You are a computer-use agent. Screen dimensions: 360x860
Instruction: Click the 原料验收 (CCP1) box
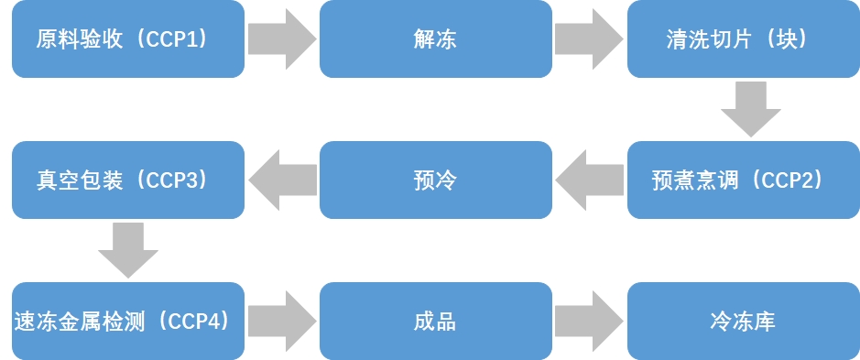tap(128, 39)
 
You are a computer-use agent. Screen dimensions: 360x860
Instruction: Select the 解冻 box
tap(435, 39)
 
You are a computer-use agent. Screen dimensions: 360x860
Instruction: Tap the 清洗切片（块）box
tap(743, 39)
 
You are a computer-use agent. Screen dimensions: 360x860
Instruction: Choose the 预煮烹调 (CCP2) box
tap(743, 180)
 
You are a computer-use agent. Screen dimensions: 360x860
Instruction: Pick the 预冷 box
tap(435, 180)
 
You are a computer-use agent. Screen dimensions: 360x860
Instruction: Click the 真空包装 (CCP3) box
tap(128, 180)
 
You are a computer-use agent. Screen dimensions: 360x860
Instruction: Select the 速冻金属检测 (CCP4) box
tap(128, 321)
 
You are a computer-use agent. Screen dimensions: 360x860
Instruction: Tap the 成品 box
tap(435, 321)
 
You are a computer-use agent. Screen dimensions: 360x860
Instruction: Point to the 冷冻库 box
tap(743, 321)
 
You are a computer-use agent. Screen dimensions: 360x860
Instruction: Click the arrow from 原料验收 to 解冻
tap(282, 39)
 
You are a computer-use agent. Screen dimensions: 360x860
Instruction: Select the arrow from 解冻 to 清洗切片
tap(589, 39)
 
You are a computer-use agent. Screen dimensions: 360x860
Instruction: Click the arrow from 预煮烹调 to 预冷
tap(589, 180)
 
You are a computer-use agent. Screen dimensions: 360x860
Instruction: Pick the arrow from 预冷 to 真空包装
tap(282, 180)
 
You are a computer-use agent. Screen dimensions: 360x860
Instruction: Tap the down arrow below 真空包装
tap(128, 249)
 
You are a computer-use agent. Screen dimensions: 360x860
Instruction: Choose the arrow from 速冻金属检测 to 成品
tap(282, 321)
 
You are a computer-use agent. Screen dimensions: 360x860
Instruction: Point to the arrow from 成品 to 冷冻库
tap(589, 321)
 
